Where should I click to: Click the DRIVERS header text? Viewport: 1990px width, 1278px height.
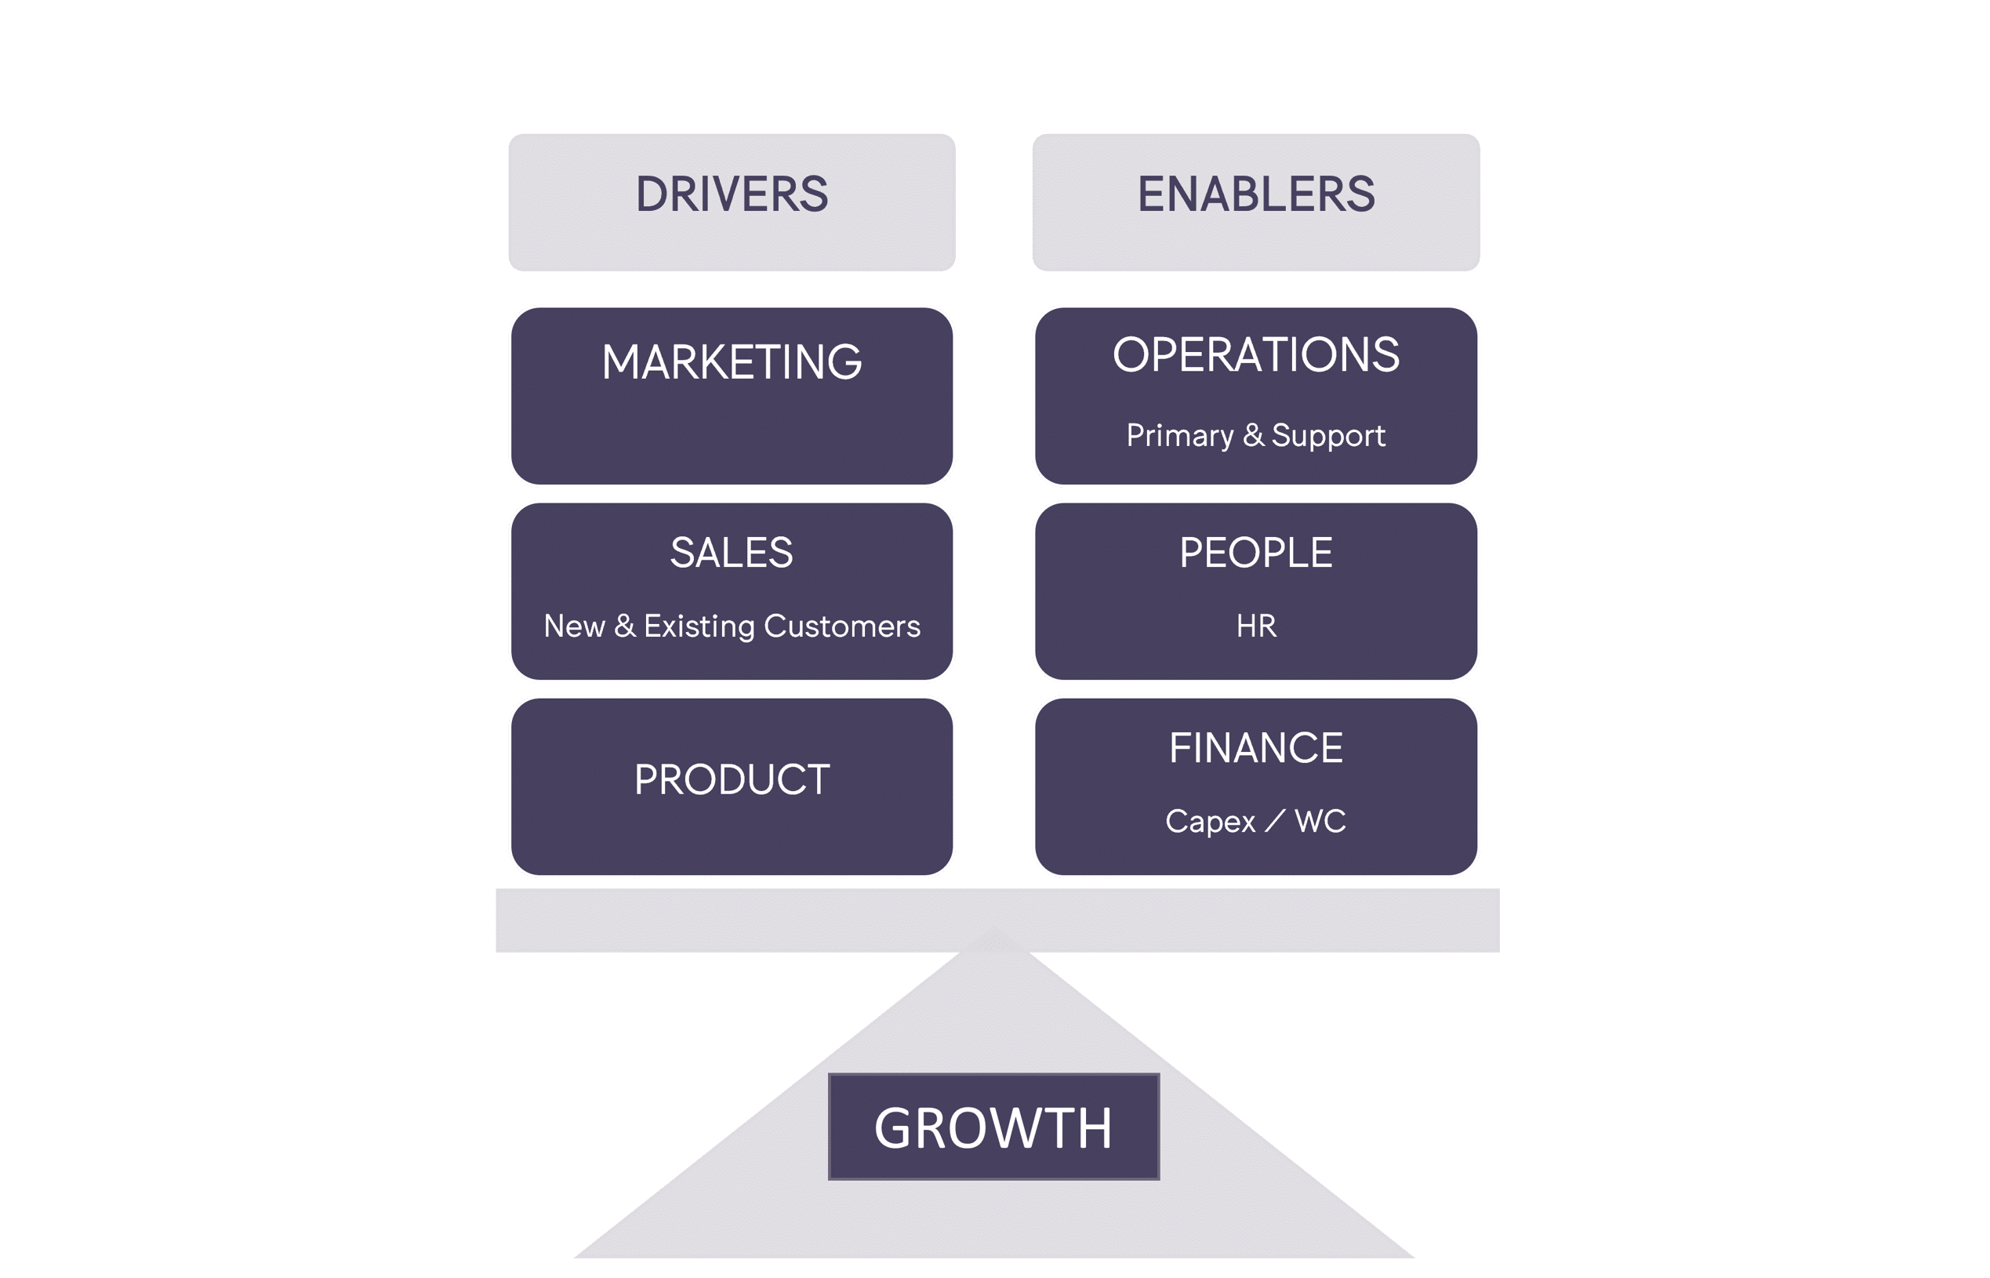click(x=731, y=194)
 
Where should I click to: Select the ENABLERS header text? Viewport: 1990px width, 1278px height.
click(x=1255, y=194)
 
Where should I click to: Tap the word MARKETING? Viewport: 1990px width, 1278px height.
click(x=731, y=363)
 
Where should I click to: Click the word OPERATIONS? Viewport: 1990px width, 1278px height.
click(x=1255, y=355)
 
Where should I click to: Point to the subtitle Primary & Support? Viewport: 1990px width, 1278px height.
click(x=1255, y=436)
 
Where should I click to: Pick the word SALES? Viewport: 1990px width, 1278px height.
click(x=731, y=553)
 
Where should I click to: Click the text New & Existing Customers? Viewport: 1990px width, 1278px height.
click(x=731, y=626)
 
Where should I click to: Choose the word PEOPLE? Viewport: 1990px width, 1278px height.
click(x=1255, y=553)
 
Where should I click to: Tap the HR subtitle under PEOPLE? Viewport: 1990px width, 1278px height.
click(x=1255, y=626)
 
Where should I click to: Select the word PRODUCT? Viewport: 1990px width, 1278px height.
click(x=731, y=780)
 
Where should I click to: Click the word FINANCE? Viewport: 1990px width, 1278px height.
click(x=1255, y=748)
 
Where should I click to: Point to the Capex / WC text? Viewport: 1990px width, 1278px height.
click(x=1255, y=821)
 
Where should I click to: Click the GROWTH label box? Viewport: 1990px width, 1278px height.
click(x=993, y=1127)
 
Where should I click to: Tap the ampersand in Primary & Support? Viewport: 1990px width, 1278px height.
click(x=1253, y=435)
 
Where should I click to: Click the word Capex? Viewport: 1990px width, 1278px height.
click(x=1210, y=822)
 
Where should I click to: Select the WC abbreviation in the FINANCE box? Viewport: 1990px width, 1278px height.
click(x=1320, y=821)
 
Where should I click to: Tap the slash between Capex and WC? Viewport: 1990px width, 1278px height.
click(x=1275, y=822)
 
